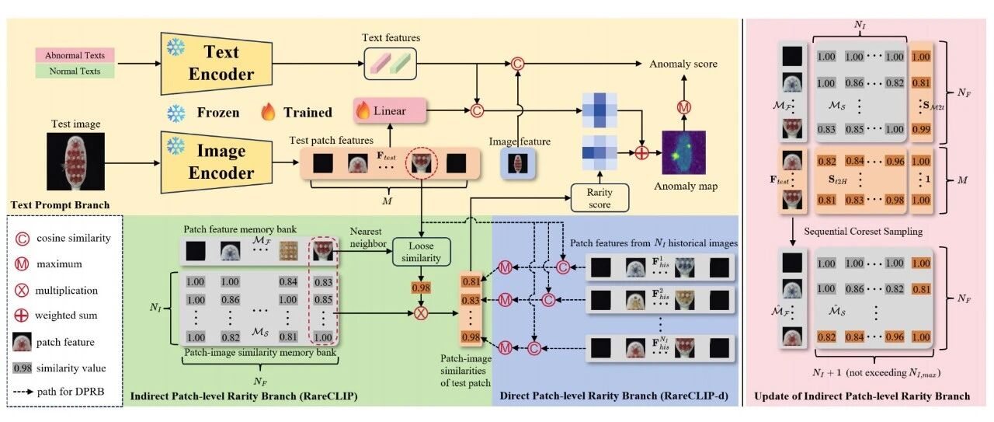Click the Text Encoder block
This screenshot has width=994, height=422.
(217, 63)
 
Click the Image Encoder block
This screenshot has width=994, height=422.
(217, 162)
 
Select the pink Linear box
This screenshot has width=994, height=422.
(390, 110)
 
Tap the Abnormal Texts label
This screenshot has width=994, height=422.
(75, 55)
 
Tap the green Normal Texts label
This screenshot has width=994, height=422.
(75, 71)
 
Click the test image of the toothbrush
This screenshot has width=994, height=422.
(76, 161)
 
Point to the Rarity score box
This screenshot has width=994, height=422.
(600, 198)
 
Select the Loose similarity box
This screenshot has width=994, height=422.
(421, 252)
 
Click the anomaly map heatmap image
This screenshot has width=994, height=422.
(684, 152)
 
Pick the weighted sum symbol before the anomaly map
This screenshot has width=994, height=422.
(641, 153)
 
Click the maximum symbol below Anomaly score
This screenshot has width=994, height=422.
(684, 107)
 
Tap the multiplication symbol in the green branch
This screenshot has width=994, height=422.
(421, 313)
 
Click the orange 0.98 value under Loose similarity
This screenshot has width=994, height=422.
(421, 288)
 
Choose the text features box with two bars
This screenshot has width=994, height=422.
(391, 64)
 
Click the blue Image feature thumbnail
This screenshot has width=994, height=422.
(518, 163)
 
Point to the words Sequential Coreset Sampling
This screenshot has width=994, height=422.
(863, 232)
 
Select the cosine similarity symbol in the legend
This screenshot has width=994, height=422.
(23, 239)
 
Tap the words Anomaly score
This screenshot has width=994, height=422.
(683, 64)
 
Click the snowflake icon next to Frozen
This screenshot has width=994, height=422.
(176, 113)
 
